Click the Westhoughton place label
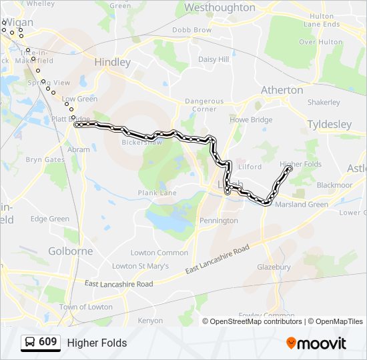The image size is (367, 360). pos(220,7)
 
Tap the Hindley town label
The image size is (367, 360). pos(113,62)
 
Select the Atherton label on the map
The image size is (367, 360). pos(282,90)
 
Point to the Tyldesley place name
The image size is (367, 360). pos(329,125)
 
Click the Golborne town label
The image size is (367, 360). pos(71,251)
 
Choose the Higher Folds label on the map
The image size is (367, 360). pos(301,164)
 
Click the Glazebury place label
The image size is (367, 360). pos(274,267)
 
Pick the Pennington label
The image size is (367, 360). pos(219,221)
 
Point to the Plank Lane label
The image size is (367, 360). pos(157,193)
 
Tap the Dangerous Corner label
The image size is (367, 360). pos(204,105)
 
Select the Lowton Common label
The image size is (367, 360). pos(159,253)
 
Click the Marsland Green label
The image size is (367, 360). pos(302,205)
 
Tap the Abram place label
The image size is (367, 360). pos(79,150)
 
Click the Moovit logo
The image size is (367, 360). pos(316,343)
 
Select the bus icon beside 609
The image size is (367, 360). pos(30,343)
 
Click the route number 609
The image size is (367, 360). pos(47,343)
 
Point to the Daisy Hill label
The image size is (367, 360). pos(214,59)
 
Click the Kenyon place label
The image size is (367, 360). pos(150,321)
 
